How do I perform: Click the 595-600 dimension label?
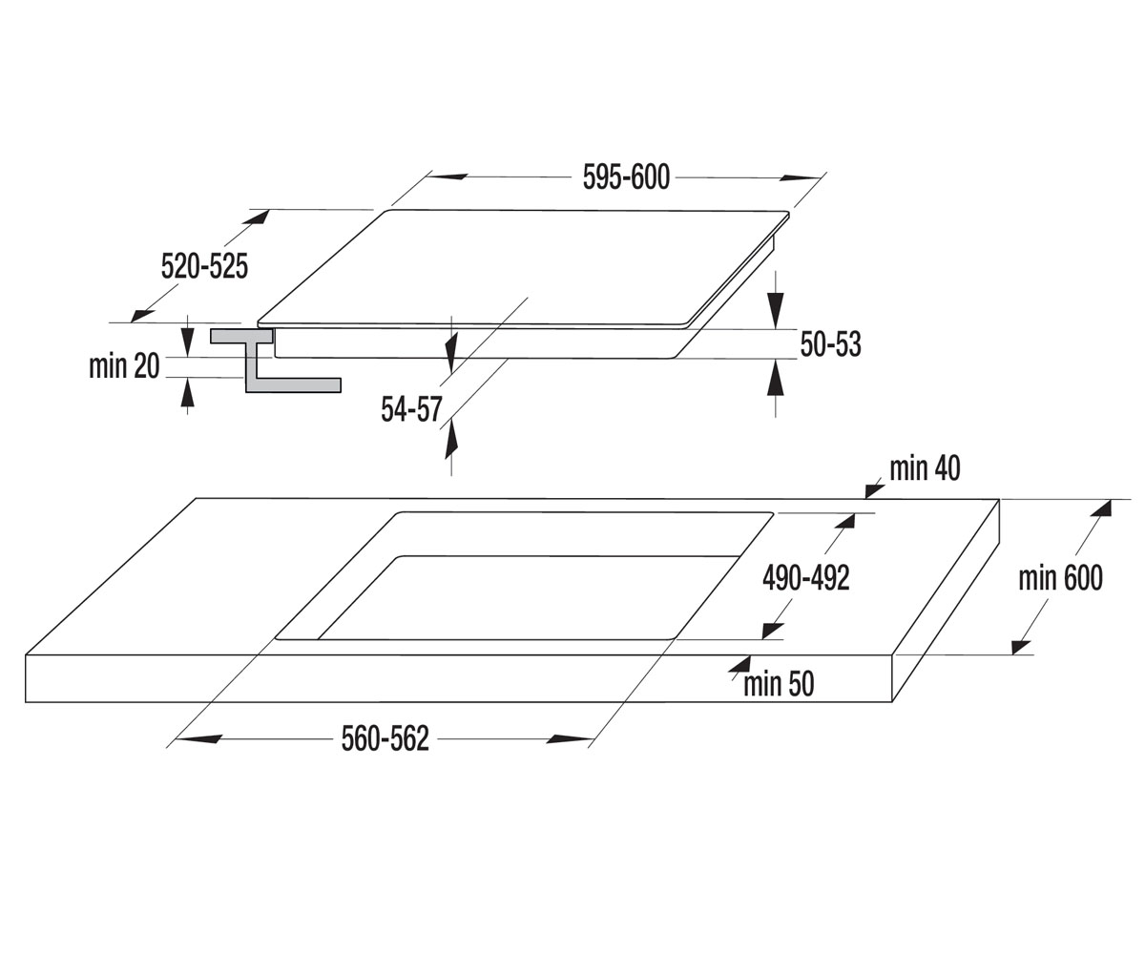pos(626,177)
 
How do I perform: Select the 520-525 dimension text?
pos(204,266)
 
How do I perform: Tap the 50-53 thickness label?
pos(830,344)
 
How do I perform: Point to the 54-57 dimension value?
pos(411,409)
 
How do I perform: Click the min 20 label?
pos(124,366)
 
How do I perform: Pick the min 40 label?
pos(925,468)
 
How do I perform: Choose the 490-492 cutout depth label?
pos(806,578)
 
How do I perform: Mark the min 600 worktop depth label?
pos(1060,578)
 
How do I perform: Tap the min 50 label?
pos(779,684)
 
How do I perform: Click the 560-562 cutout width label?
pos(385,739)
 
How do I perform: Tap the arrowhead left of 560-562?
pos(200,739)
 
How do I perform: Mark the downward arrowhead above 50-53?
pos(776,310)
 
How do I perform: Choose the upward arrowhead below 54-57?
pos(451,439)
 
